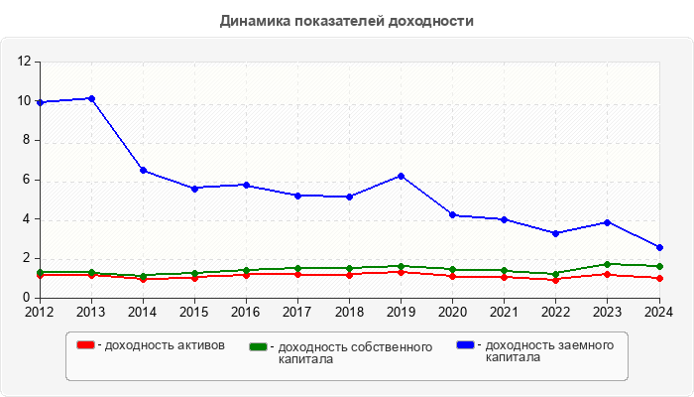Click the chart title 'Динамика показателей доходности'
[346, 21]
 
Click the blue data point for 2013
[91, 98]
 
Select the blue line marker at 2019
[401, 176]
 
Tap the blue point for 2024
[658, 247]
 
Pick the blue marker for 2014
[143, 170]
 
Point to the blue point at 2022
[555, 233]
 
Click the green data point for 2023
[607, 264]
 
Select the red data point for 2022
[555, 280]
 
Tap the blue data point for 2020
[452, 214]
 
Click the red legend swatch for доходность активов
[86, 345]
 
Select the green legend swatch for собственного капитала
[259, 346]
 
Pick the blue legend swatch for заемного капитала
[465, 345]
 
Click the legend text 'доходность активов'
[164, 345]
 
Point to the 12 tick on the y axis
[25, 62]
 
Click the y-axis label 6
[28, 180]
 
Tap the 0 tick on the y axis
[28, 297]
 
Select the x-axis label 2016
[246, 312]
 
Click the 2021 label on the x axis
[504, 312]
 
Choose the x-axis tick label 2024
[657, 312]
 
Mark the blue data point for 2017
[297, 196]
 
